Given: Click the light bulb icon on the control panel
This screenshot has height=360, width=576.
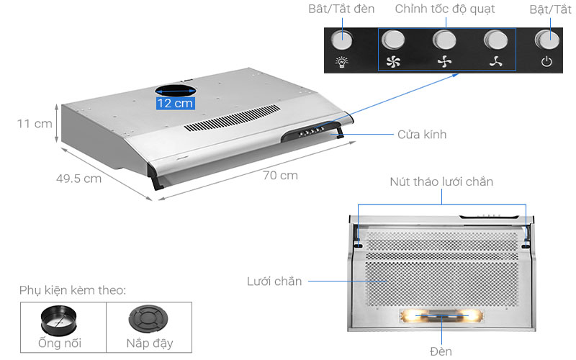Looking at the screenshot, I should click(342, 63).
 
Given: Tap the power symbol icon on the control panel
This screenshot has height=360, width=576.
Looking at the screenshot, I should click(546, 63).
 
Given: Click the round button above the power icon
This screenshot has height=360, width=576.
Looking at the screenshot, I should click(546, 39).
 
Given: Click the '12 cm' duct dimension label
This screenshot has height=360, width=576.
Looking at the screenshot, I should click(175, 103).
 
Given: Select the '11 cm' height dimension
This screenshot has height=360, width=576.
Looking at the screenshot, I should click(35, 124).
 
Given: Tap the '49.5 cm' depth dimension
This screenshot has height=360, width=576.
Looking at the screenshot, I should click(79, 179).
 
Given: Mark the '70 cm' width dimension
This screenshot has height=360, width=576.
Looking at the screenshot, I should click(280, 175).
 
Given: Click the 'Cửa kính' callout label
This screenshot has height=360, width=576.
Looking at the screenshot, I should click(422, 135).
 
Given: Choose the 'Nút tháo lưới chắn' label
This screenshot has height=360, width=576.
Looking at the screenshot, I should click(441, 181).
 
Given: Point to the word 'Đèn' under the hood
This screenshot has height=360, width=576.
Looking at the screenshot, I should click(441, 351).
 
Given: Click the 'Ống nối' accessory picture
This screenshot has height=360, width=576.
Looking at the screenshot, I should click(63, 319).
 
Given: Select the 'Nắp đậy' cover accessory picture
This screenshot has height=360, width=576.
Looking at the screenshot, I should click(149, 319).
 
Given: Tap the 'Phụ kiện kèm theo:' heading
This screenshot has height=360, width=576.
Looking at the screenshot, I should click(73, 291).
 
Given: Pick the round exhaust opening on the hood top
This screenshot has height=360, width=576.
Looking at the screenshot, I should click(175, 91).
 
